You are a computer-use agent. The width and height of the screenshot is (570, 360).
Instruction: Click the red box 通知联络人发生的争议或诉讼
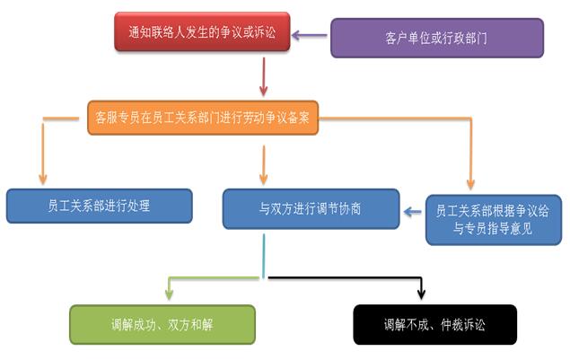[x=202, y=31]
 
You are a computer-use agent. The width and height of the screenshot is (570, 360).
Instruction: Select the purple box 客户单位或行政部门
[x=436, y=39]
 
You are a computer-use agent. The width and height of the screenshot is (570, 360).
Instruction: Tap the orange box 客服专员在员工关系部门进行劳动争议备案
[x=204, y=117]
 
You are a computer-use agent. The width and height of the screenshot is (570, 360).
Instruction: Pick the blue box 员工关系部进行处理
[x=99, y=206]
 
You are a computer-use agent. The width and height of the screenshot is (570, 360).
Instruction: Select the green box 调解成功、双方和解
[x=162, y=325]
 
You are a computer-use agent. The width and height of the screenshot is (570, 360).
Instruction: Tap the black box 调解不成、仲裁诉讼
[x=434, y=325]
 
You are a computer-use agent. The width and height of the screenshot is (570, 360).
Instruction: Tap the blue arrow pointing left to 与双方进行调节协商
[x=413, y=213]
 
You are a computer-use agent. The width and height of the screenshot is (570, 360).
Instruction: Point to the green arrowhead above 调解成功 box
[x=168, y=294]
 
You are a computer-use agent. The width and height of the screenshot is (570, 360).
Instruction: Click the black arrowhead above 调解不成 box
[x=422, y=294]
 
